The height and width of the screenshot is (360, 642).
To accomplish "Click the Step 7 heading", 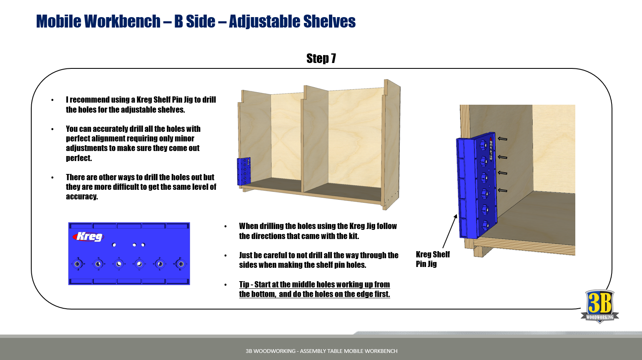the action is click(x=321, y=58).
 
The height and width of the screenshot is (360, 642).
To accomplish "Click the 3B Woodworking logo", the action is click(x=599, y=306).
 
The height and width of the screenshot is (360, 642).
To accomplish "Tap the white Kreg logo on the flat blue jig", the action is click(x=88, y=237).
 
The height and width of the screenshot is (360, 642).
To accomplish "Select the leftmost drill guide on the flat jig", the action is click(x=78, y=264).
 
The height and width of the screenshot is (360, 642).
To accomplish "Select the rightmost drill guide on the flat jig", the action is click(x=181, y=264).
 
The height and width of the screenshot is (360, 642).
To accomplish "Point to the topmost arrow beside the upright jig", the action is click(x=502, y=139).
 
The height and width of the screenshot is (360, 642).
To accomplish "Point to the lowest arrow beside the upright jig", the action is click(x=502, y=190).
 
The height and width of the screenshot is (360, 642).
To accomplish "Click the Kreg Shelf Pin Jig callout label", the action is click(x=433, y=259).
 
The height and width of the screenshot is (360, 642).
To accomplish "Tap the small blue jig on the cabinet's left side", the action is click(x=244, y=171).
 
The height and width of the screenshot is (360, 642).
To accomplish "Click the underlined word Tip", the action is click(x=244, y=284).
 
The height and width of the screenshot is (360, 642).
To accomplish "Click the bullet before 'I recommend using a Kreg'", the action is click(x=53, y=100).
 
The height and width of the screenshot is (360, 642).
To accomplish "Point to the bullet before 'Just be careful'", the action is click(x=226, y=256).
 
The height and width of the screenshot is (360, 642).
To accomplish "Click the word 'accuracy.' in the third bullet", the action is click(x=82, y=196).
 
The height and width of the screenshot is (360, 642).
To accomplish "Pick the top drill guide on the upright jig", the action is click(x=483, y=144).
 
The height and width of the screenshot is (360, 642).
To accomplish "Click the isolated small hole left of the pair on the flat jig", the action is click(x=114, y=245).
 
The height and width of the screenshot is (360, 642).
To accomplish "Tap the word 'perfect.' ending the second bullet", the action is click(x=79, y=158).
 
